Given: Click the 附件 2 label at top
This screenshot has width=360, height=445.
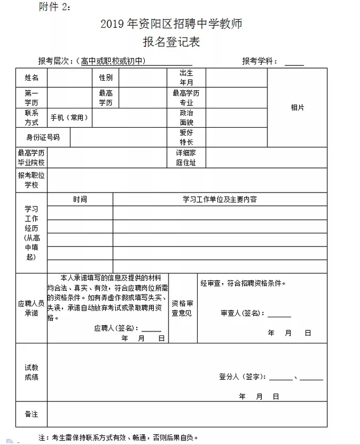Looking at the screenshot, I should point(56,7).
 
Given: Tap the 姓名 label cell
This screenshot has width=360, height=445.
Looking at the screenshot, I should point(32,78).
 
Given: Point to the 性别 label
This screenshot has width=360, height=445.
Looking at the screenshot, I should point(106,78).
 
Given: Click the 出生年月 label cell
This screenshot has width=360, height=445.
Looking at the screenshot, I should point(186,78).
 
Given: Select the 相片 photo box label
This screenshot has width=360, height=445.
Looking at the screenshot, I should point(297,107).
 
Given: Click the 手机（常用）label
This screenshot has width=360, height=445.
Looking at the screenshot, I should point(70,117).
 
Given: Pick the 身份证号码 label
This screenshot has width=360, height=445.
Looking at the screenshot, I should point(43,137).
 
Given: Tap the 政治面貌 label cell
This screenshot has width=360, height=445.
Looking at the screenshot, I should point(186,117).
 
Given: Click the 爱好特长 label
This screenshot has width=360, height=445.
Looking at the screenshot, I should point(186,137).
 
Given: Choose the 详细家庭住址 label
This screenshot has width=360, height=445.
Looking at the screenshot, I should point(186,158).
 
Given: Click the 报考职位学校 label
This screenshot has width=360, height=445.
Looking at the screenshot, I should point(32,180).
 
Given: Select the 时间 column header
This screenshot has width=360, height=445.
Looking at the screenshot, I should point(80,200).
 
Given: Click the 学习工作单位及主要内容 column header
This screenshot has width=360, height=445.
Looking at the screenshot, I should point(219,200).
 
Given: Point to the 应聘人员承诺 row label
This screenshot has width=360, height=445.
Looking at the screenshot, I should point(32,308).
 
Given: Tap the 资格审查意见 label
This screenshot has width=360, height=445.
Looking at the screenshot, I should point(183,308).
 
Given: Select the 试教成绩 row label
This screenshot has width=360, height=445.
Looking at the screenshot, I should point(32,372).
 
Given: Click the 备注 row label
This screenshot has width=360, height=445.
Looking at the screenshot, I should point(32,414).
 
